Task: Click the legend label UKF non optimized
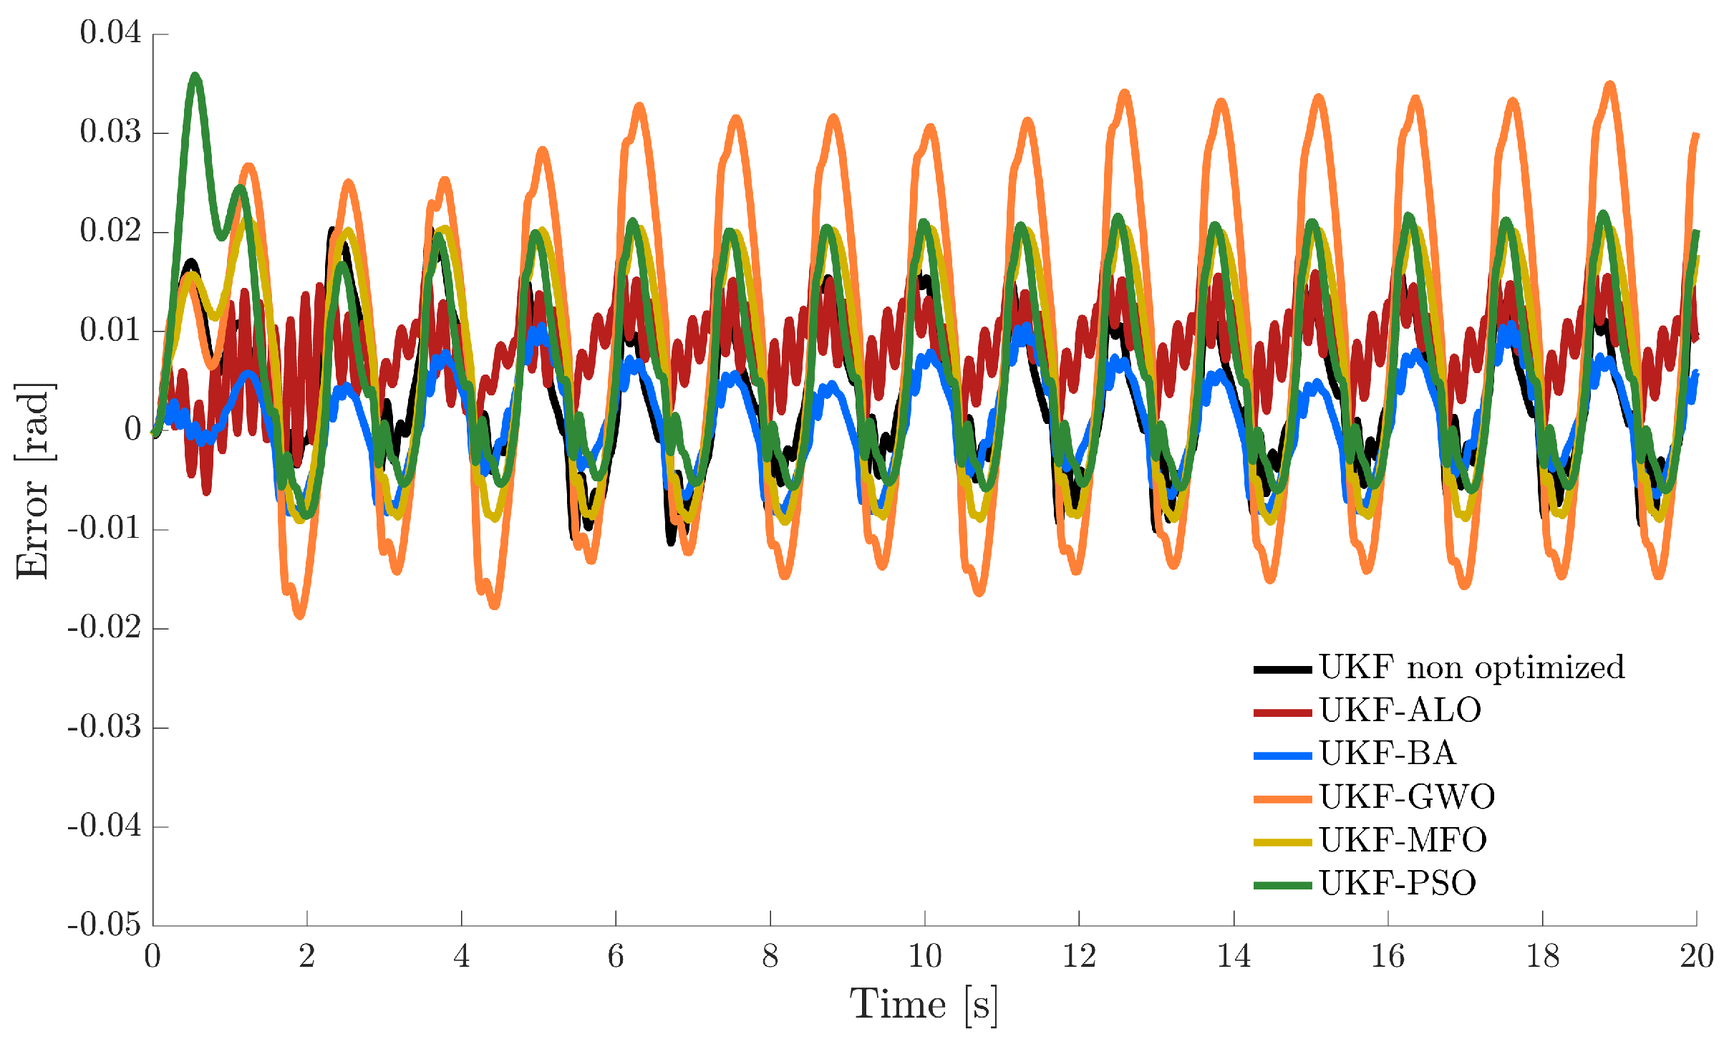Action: tap(1471, 667)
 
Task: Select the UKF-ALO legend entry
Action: tap(1400, 710)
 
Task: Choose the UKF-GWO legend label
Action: tap(1407, 796)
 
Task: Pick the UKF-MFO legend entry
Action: tap(1403, 840)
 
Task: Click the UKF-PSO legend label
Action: tap(1398, 883)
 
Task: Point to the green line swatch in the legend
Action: tap(1283, 885)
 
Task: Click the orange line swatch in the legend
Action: tap(1283, 798)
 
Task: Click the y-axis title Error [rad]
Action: tap(33, 480)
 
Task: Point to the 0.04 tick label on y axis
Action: tap(110, 33)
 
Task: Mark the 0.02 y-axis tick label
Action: tap(110, 231)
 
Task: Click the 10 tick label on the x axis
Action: tap(924, 956)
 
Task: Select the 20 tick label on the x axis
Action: tap(1696, 956)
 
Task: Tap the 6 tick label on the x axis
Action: tap(616, 956)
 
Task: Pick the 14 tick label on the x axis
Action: tap(1234, 956)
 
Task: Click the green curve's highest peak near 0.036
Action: tap(195, 76)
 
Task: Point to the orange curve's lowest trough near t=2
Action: tap(299, 614)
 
